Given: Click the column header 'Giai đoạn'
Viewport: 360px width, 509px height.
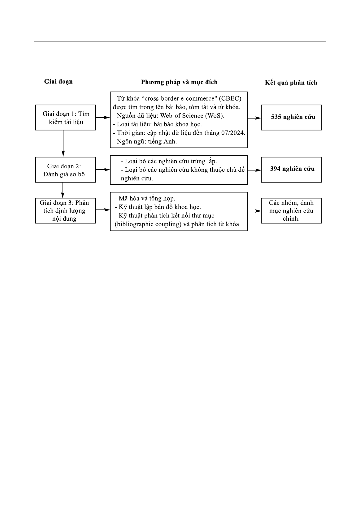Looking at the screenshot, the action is [x=59, y=82].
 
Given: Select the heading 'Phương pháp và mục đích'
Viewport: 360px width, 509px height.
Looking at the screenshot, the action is [x=179, y=82].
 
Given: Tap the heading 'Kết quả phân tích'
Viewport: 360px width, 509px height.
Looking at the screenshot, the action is [x=291, y=83].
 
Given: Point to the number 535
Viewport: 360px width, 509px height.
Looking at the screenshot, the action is [x=276, y=117].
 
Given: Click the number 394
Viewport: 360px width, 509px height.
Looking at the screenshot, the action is [x=275, y=169].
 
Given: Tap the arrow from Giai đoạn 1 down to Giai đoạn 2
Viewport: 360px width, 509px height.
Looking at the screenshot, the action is [x=63, y=143].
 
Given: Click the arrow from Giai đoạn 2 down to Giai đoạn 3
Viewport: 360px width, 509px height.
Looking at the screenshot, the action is [x=63, y=190].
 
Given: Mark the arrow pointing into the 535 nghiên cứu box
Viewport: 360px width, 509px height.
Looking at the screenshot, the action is [x=254, y=118].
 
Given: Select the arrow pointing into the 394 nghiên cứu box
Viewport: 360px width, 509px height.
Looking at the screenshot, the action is [x=254, y=170].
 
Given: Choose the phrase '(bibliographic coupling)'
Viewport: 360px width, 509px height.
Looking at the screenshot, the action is [x=148, y=224].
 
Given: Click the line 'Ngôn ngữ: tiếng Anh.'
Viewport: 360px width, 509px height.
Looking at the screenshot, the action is [x=145, y=142].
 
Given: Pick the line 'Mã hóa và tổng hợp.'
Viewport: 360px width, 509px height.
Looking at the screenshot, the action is [x=145, y=198].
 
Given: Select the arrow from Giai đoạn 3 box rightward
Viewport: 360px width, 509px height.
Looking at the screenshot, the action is [x=103, y=210].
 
